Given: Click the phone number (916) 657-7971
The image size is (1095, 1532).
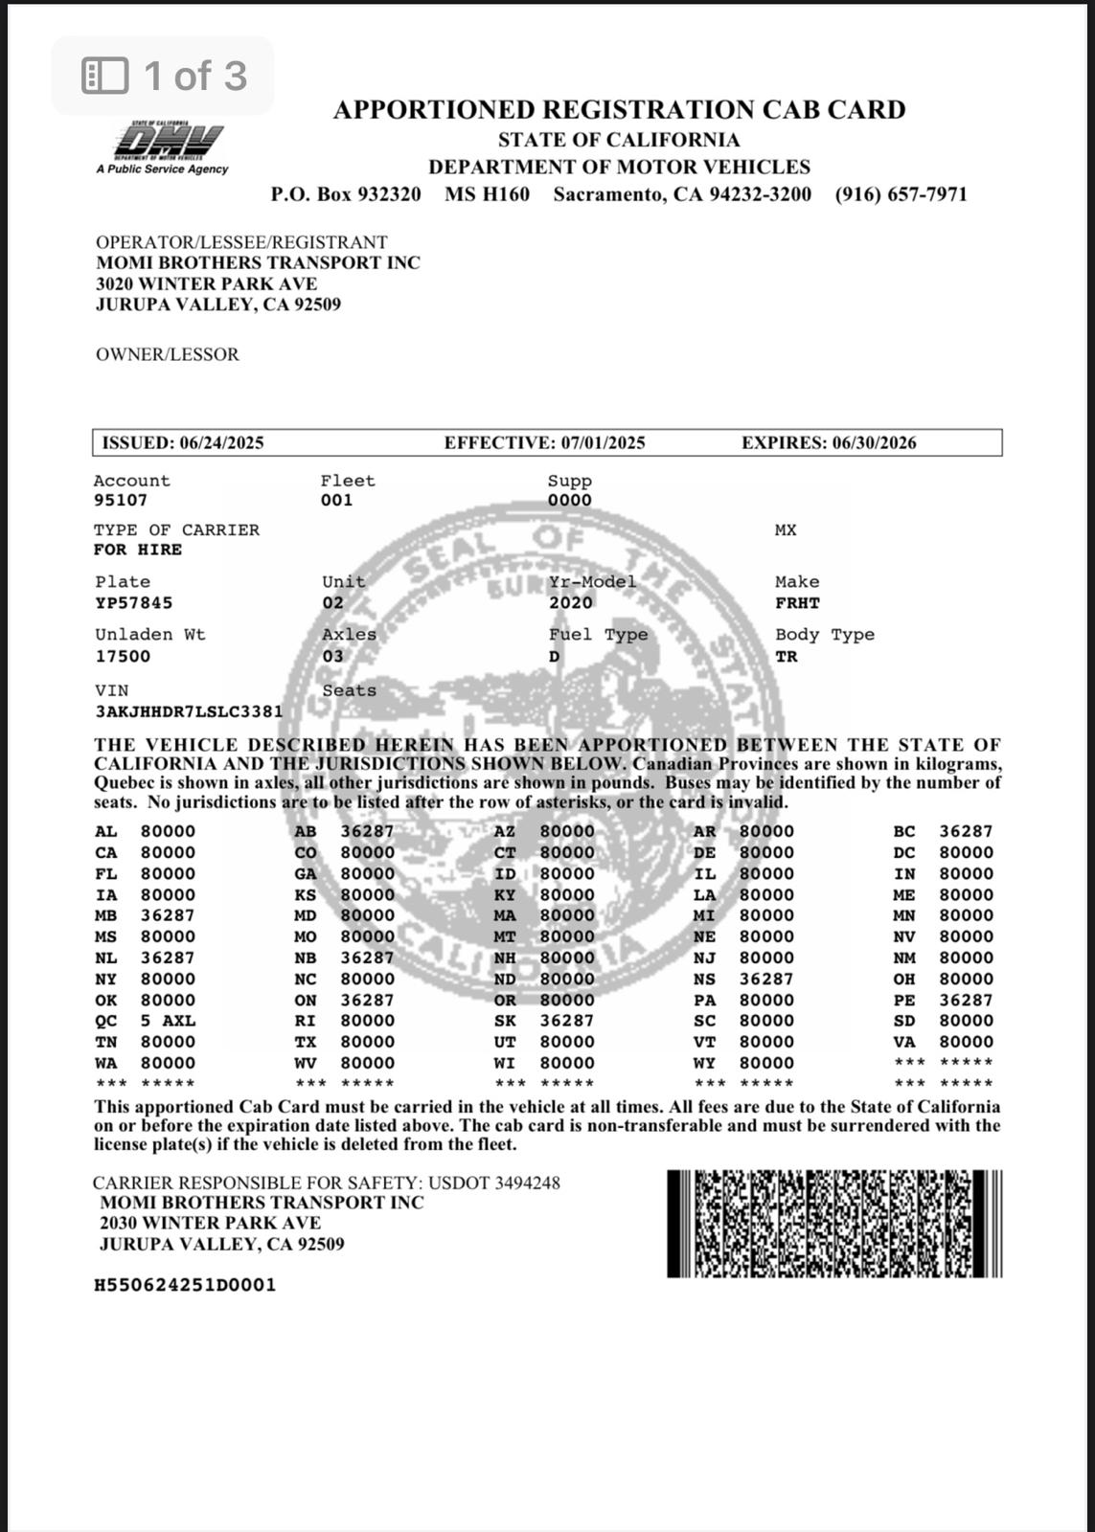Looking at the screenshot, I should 901,194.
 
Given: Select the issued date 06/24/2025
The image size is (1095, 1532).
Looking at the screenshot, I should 220,442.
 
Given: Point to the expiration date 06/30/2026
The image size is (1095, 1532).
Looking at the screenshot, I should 874,442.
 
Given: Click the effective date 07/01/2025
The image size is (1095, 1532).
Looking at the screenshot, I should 603,442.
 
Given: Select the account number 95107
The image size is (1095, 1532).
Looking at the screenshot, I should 121,500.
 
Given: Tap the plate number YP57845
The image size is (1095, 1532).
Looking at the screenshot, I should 134,603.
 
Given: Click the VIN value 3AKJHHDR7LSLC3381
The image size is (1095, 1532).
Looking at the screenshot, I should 189,711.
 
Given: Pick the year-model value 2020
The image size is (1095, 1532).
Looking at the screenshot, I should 571,603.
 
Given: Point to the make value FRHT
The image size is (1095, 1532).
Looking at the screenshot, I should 797,603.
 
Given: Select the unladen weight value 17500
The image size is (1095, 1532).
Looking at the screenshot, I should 123,657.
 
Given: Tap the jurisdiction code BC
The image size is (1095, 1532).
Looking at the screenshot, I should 903,832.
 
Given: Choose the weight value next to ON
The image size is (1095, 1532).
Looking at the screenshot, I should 367,1000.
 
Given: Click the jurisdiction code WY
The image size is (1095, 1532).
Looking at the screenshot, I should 704,1063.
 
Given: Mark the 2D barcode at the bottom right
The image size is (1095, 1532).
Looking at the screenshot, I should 833,1224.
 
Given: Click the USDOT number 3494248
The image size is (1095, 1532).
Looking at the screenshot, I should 527,1183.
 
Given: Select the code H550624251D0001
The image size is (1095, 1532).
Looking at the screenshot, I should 185,1285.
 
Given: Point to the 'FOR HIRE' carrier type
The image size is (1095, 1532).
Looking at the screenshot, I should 138,550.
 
